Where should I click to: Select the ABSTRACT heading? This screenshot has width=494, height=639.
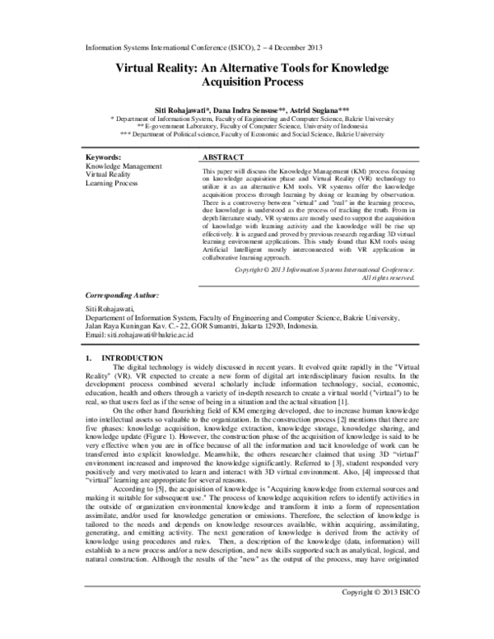(223, 156)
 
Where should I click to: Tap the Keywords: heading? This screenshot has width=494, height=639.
(104, 156)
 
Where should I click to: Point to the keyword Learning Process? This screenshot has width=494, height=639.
(112, 184)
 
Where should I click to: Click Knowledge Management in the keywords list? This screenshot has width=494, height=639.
(123, 166)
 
